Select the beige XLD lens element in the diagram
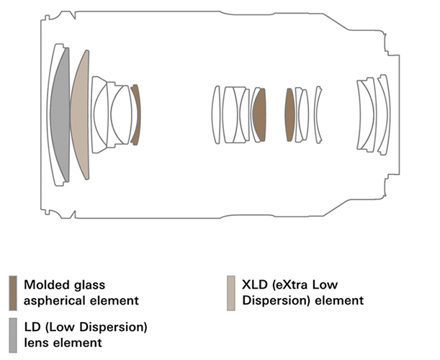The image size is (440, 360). click(81, 115)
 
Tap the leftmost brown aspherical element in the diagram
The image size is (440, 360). click(135, 115)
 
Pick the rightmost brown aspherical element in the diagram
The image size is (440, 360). click(289, 115)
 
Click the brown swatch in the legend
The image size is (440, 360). click(14, 292)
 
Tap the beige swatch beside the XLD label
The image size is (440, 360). click(230, 292)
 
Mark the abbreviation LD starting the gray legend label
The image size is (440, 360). click(32, 328)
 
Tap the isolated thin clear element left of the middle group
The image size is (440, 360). click(215, 115)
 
